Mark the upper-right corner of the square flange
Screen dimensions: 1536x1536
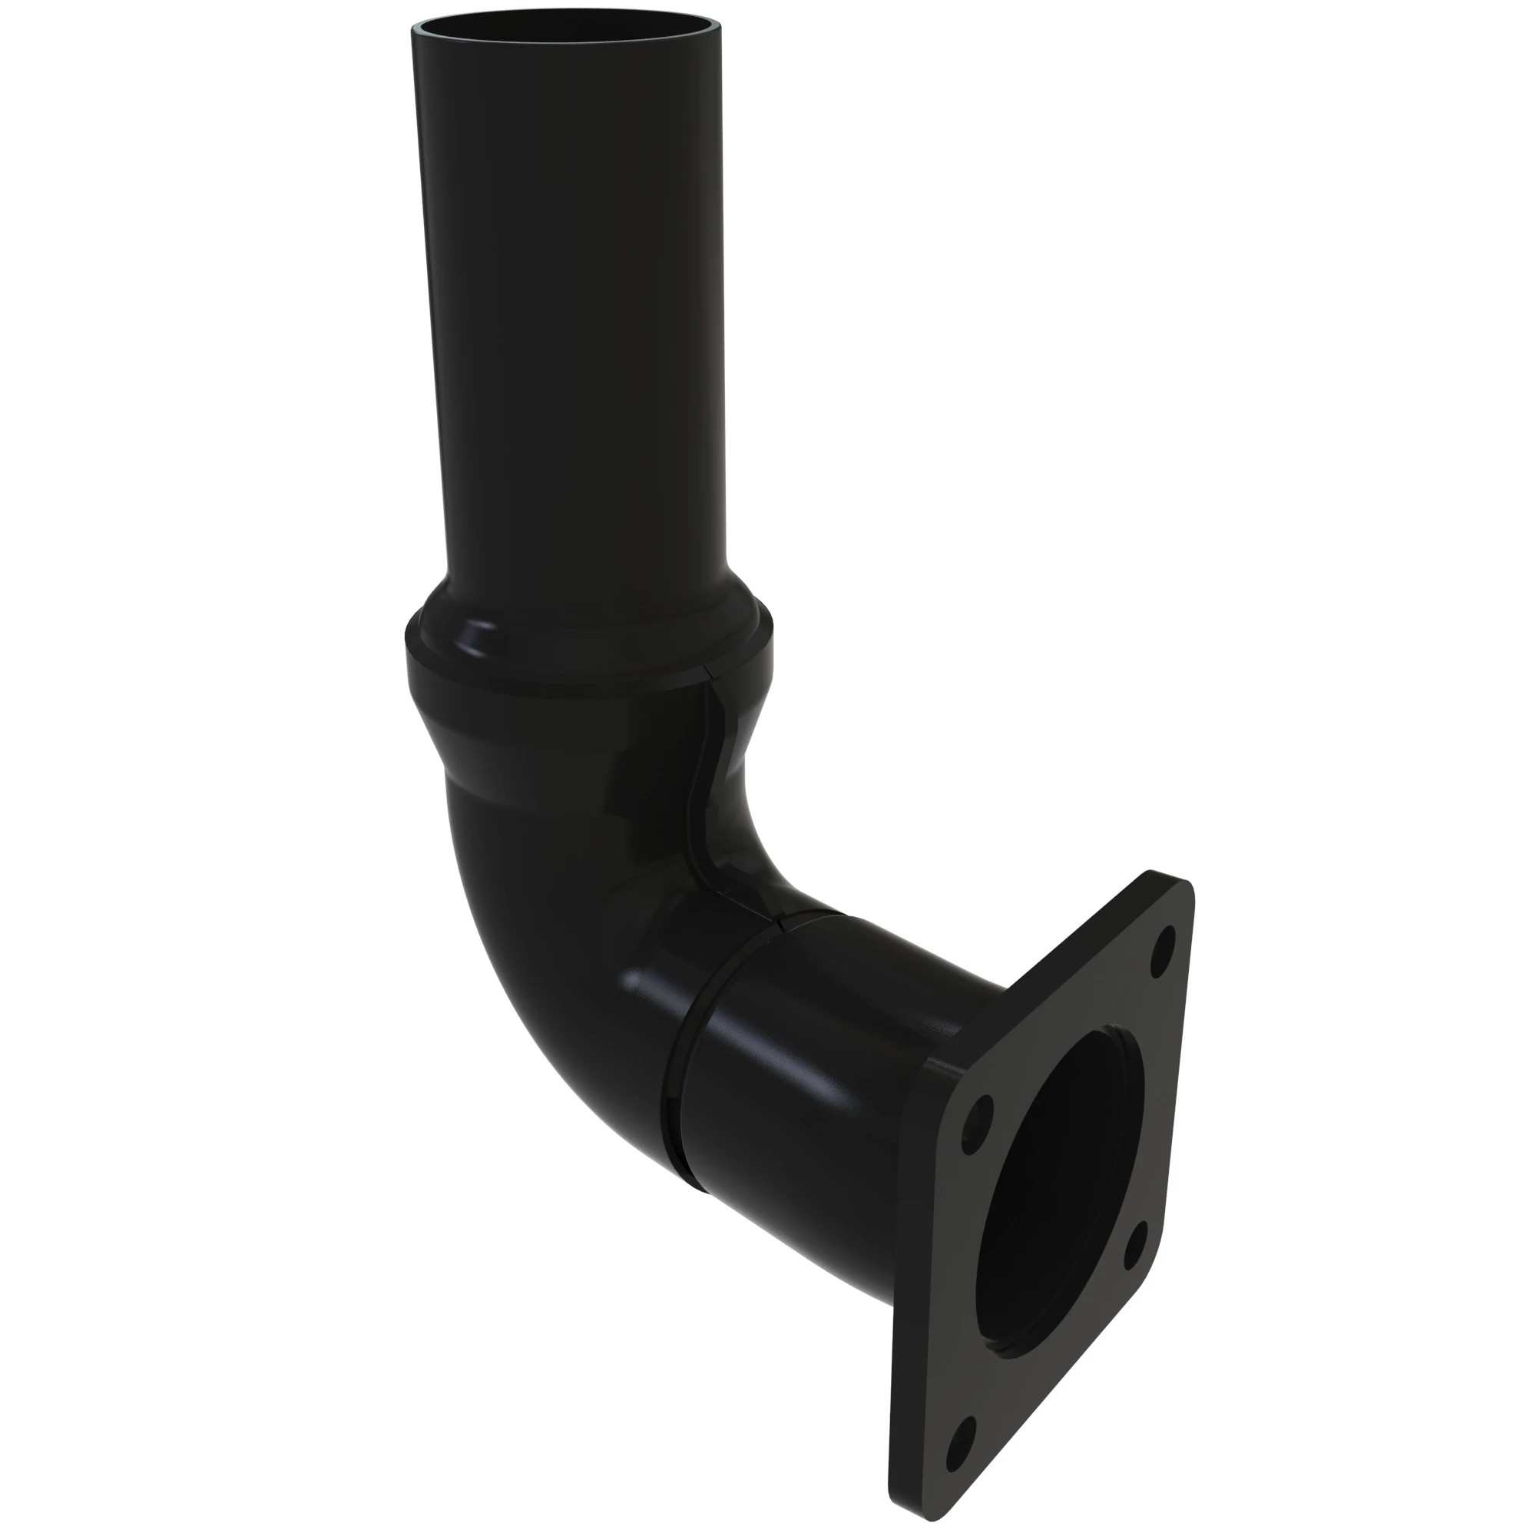pos(1184,882)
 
